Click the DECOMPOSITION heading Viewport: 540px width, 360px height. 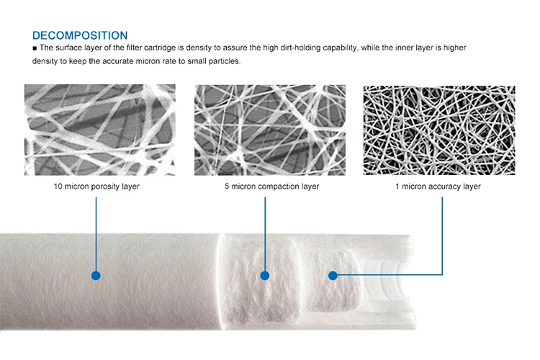pos(80,35)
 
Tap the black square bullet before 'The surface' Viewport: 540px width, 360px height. pos(35,48)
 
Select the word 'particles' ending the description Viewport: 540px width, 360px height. pos(224,61)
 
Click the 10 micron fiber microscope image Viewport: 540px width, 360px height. pos(100,130)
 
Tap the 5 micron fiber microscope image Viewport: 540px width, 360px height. pos(270,130)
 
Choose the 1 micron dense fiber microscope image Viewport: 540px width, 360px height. pos(439,130)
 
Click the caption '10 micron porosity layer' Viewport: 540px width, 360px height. pos(96,186)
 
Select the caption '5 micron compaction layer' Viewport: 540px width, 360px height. pos(271,186)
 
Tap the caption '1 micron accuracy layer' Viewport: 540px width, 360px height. pos(438,186)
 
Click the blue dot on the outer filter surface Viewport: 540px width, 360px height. pos(96,276)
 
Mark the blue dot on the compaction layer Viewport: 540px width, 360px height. pos(265,276)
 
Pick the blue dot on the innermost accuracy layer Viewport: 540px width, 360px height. pos(333,275)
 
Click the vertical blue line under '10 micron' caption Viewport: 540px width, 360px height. pos(96,234)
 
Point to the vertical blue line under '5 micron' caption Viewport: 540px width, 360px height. pos(265,234)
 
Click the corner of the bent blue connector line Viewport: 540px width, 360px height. pos(442,274)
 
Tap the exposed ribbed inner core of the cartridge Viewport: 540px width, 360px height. pos(387,282)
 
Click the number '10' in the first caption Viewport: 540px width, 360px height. pos(58,186)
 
